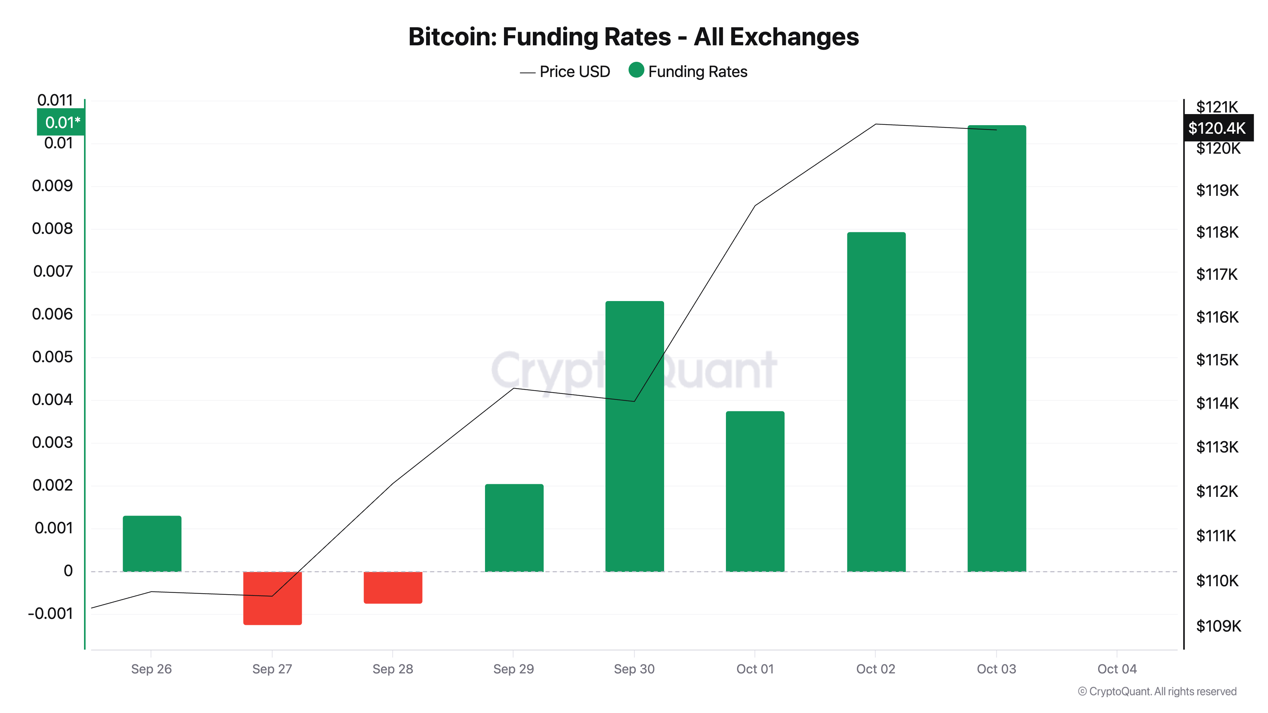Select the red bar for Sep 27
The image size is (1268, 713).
click(x=272, y=598)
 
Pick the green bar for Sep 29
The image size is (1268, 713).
click(x=514, y=528)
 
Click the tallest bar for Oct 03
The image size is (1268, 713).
click(x=997, y=348)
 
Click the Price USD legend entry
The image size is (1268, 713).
click(x=565, y=72)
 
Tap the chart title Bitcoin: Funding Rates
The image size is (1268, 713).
click(x=633, y=37)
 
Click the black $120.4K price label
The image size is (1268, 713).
click(x=1217, y=128)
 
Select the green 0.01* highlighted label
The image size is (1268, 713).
click(x=61, y=122)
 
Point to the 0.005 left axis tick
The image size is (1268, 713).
click(x=53, y=357)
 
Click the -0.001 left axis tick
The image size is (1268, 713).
click(x=51, y=613)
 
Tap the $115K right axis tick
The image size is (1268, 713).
click(x=1217, y=360)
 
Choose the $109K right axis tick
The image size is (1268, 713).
click(x=1218, y=626)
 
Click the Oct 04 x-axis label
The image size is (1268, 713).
click(x=1116, y=669)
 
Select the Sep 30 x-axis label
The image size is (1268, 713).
click(x=634, y=669)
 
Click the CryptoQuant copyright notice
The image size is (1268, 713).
click(x=1157, y=691)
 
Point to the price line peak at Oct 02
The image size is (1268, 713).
click(x=876, y=125)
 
